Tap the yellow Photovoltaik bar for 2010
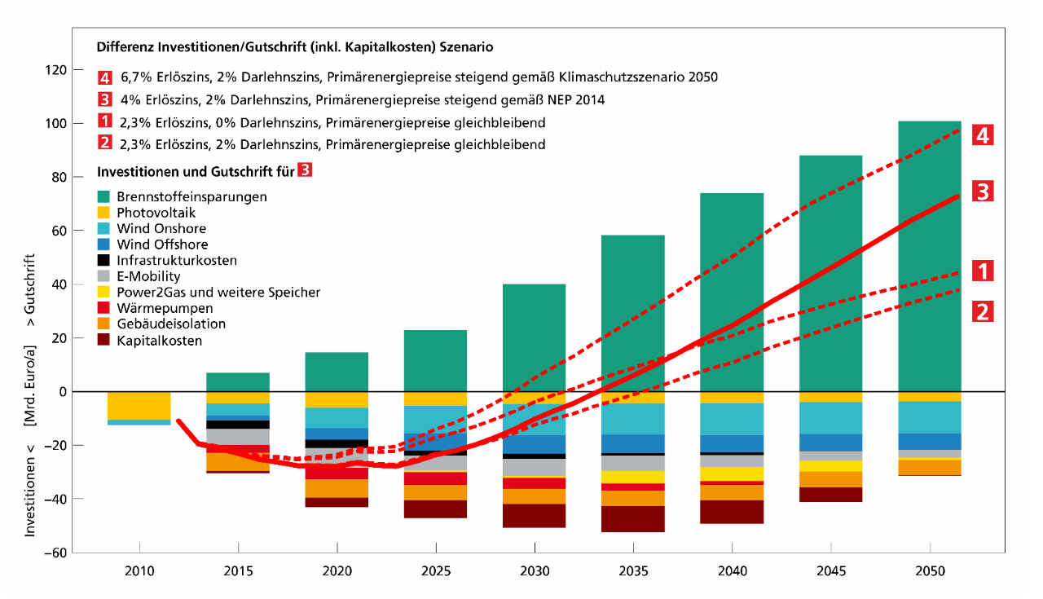click(x=139, y=405)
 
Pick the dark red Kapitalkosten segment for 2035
click(x=633, y=519)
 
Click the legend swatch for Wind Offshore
click(x=103, y=244)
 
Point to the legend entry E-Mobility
click(x=148, y=276)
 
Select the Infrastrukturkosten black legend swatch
click(x=103, y=261)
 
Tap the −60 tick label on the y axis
click(x=53, y=553)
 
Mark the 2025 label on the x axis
click(x=435, y=570)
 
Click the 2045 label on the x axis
click(x=830, y=570)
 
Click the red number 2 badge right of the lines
click(x=983, y=311)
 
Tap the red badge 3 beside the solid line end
click(x=983, y=192)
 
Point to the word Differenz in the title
click(x=123, y=47)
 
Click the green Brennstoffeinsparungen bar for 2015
click(x=239, y=382)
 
